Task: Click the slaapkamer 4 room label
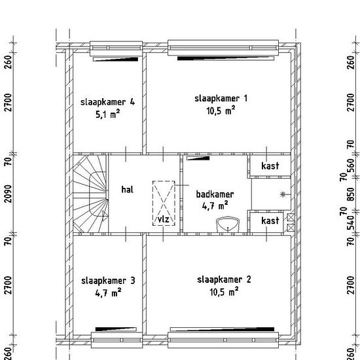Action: (x=107, y=102)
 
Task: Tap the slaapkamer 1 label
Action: (x=221, y=98)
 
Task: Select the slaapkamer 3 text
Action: (x=108, y=281)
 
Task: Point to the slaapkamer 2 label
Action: (x=224, y=279)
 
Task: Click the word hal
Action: (x=127, y=189)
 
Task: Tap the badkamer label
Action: (x=215, y=194)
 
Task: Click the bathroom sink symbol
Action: (x=228, y=225)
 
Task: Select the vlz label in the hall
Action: (x=164, y=219)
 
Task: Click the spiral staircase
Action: (x=90, y=194)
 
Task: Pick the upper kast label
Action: (x=270, y=166)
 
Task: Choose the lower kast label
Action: (x=270, y=221)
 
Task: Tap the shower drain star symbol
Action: (x=283, y=194)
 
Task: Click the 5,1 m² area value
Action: (x=108, y=114)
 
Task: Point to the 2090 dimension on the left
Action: (x=9, y=194)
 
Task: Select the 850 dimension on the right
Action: (x=351, y=194)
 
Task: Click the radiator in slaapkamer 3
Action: (x=116, y=329)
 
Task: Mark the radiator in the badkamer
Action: (x=198, y=158)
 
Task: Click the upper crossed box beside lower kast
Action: (x=291, y=217)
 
